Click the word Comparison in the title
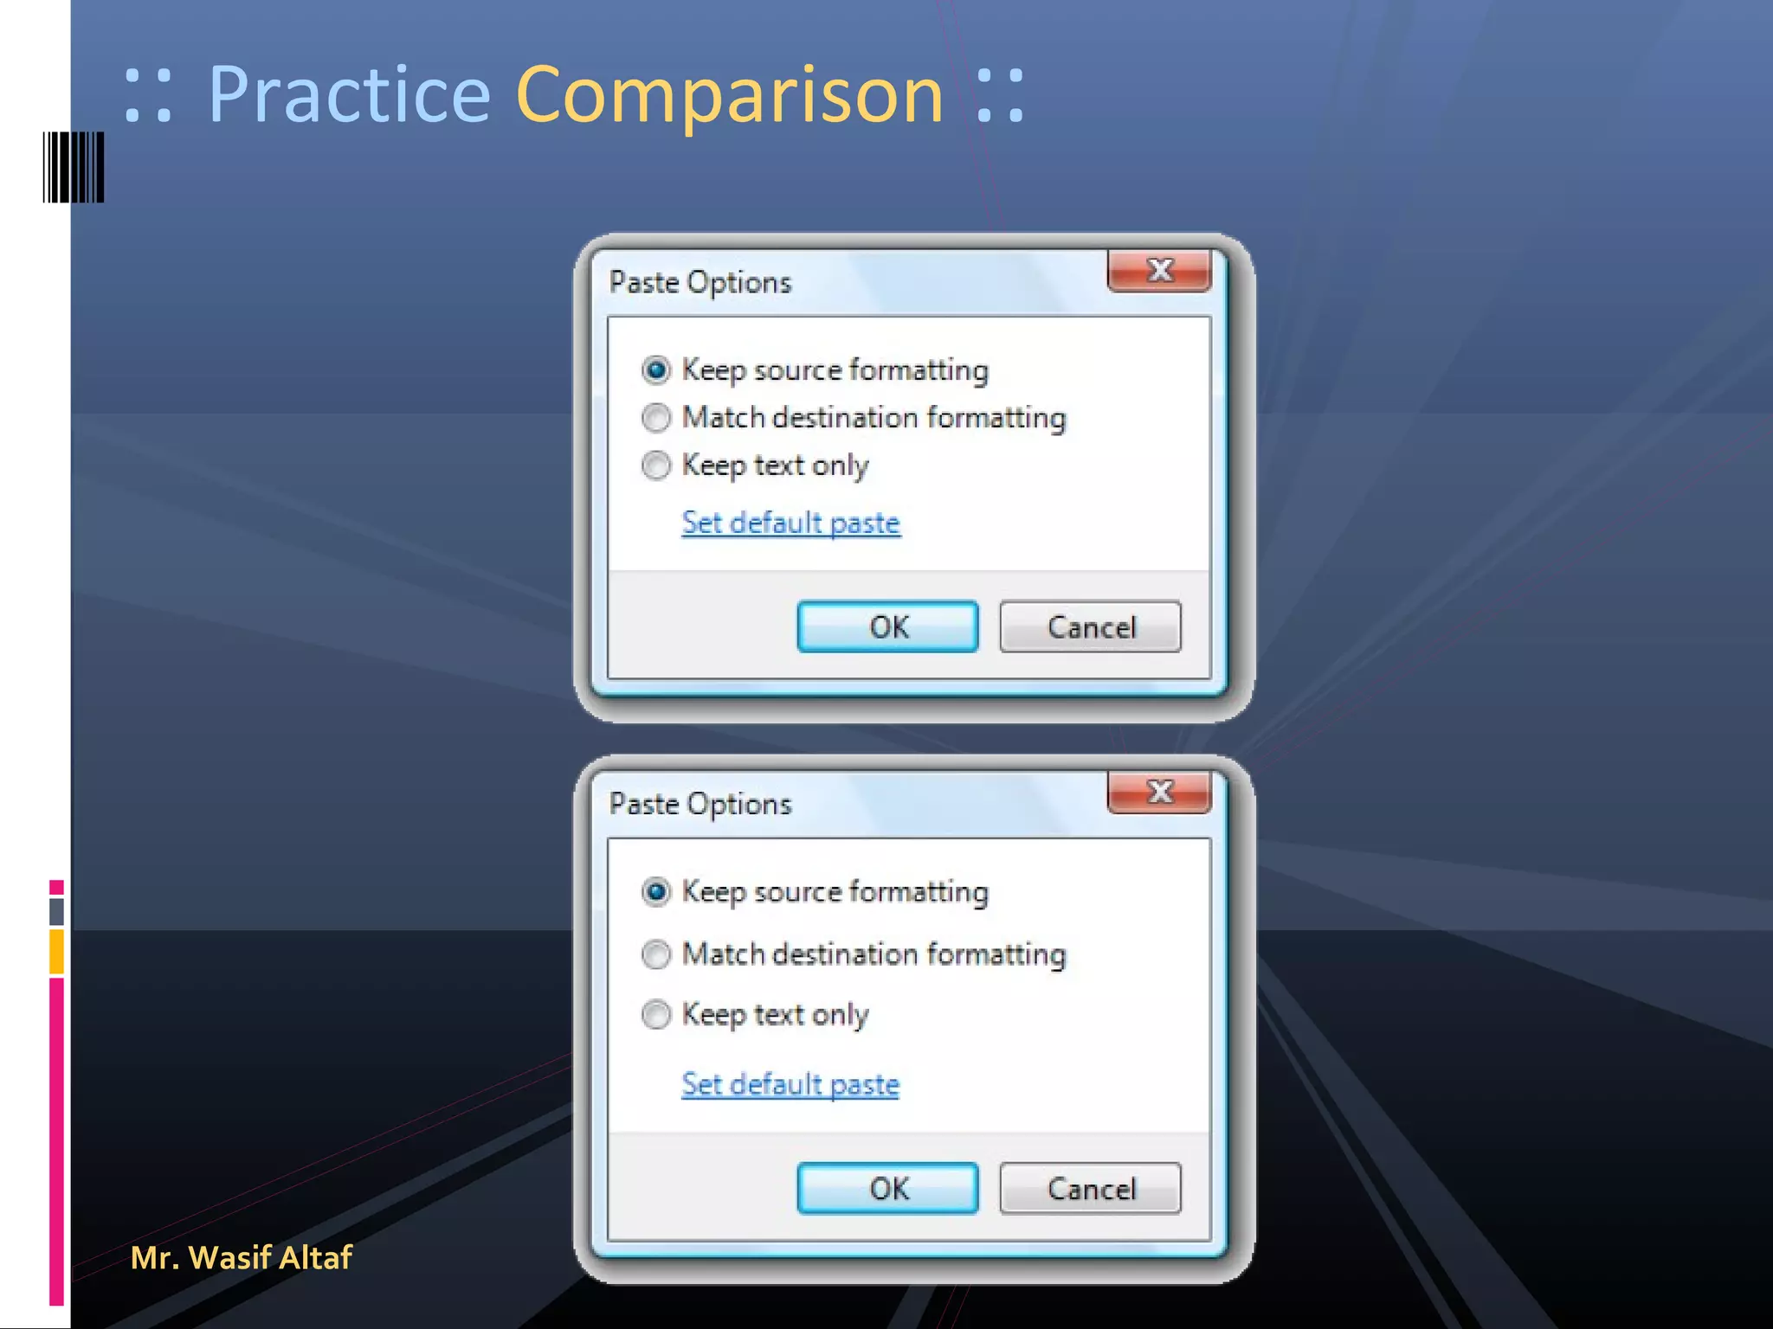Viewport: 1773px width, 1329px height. pos(729,95)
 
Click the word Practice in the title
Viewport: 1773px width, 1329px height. pos(349,95)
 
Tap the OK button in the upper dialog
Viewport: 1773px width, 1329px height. pos(887,626)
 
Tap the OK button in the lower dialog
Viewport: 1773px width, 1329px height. pos(887,1188)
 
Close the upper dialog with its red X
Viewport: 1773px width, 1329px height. pos(1159,271)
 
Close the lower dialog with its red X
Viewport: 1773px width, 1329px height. pos(1159,792)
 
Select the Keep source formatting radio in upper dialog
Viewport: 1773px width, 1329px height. pos(656,370)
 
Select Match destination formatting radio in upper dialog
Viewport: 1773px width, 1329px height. pos(656,418)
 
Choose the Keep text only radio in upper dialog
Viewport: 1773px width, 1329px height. pos(656,465)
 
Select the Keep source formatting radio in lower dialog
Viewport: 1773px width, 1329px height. pos(656,891)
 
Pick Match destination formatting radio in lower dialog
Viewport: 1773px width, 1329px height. pos(656,954)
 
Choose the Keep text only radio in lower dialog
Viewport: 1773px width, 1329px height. pos(656,1014)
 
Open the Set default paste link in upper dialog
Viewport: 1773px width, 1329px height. pos(790,523)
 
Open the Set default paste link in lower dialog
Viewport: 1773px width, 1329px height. pos(790,1084)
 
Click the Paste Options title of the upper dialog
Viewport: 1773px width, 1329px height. pos(700,282)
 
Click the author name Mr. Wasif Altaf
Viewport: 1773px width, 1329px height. pos(241,1257)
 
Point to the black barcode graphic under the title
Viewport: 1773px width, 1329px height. pos(74,167)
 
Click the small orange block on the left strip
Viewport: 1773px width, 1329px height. pos(56,951)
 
